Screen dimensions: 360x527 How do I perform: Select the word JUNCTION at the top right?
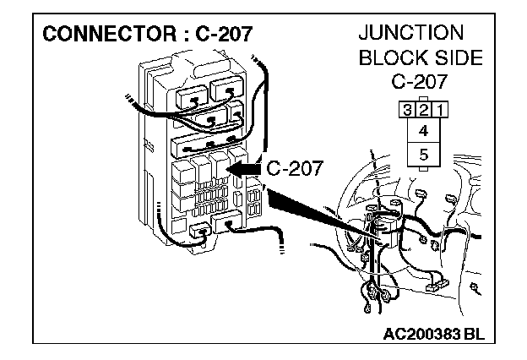pos(411,33)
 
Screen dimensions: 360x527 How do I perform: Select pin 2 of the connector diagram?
pos(423,108)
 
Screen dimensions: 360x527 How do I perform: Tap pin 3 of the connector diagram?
pos(408,108)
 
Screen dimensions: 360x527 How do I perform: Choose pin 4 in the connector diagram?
pos(423,130)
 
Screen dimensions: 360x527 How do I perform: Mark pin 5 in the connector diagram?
pos(423,155)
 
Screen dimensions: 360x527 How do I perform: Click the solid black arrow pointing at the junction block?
pos(245,168)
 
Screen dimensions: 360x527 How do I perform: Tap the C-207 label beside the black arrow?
pos(294,167)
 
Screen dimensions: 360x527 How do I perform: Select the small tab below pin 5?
pos(423,169)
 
